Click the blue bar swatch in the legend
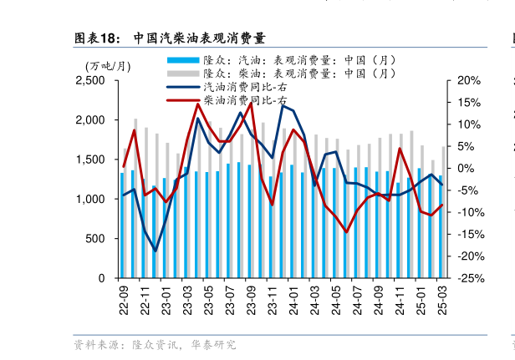(x=183, y=60)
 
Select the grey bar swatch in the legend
(x=183, y=74)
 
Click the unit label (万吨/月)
(x=108, y=66)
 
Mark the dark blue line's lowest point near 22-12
(x=155, y=251)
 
